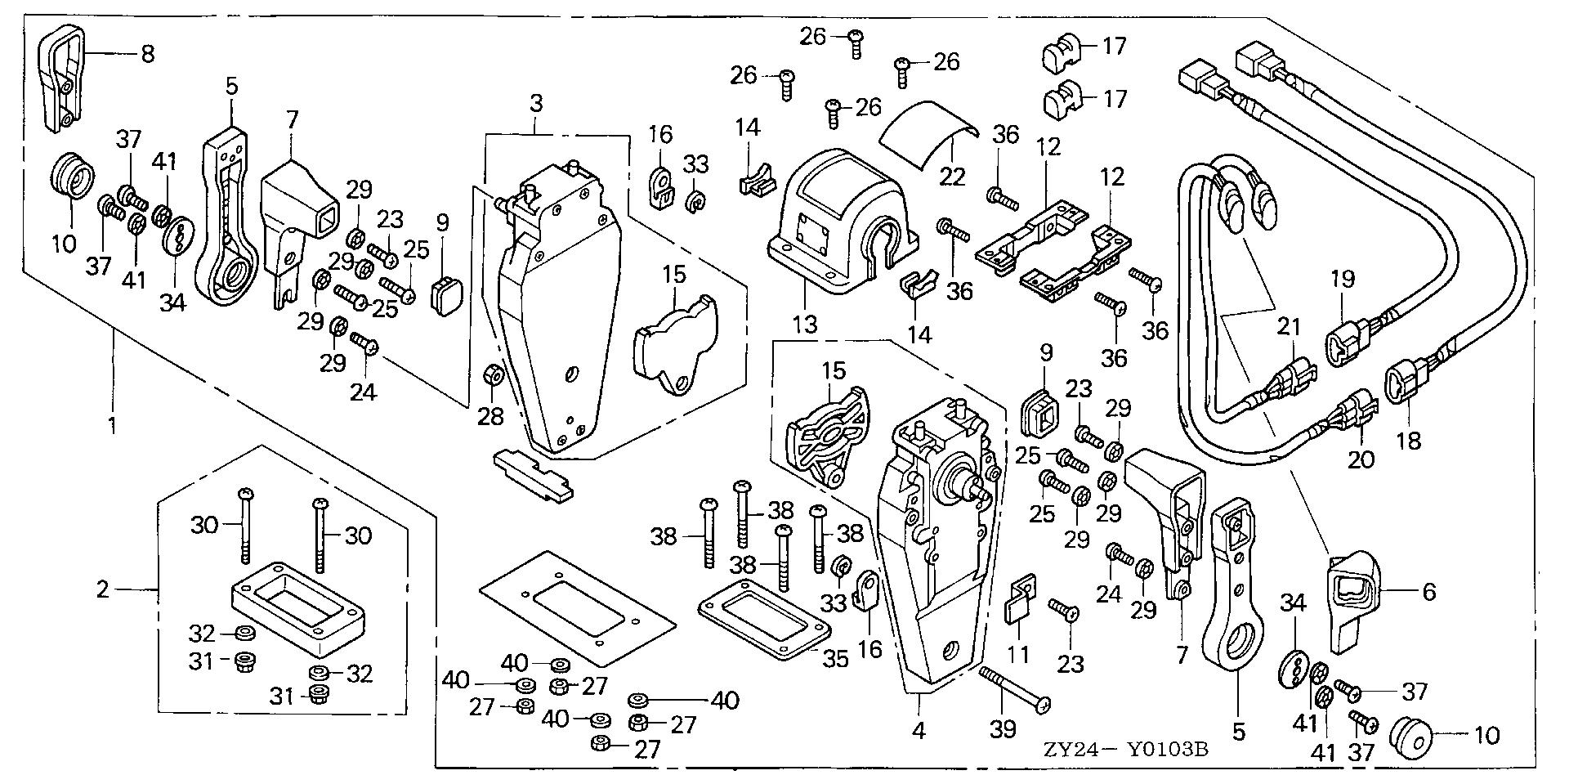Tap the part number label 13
click(x=805, y=325)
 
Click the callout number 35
click(x=835, y=658)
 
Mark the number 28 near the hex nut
click(x=491, y=416)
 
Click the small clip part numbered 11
click(x=1018, y=601)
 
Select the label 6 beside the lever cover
click(x=1428, y=591)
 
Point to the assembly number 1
click(x=112, y=426)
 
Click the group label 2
click(x=102, y=589)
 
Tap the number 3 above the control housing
click(x=535, y=104)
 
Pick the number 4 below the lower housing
click(x=919, y=730)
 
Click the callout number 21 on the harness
click(x=1289, y=327)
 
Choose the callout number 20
click(x=1361, y=459)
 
